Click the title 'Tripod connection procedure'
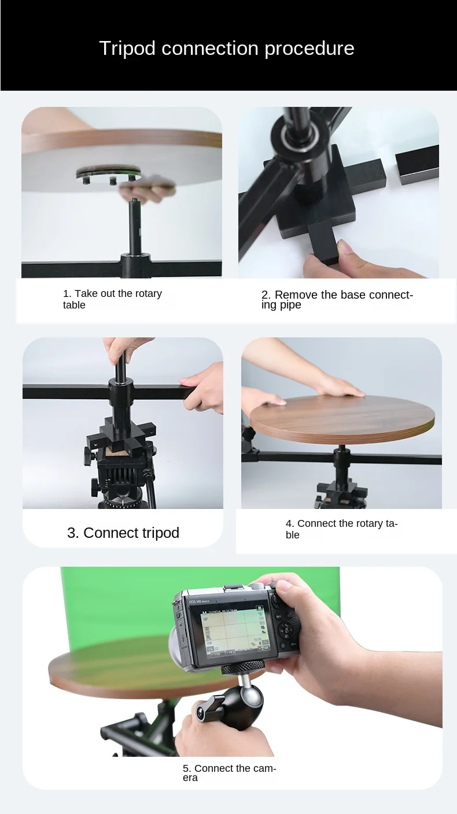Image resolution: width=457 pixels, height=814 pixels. pyautogui.click(x=226, y=48)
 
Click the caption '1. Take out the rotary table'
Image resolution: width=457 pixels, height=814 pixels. pyautogui.click(x=112, y=299)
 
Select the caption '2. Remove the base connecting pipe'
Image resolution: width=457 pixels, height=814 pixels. pyautogui.click(x=337, y=299)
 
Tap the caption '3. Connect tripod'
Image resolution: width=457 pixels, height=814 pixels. pyautogui.click(x=123, y=533)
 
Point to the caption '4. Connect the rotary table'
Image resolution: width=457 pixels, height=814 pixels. pyautogui.click(x=341, y=529)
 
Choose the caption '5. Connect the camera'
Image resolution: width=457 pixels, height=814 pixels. pyautogui.click(x=229, y=772)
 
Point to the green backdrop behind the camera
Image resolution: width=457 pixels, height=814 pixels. pyautogui.click(x=116, y=601)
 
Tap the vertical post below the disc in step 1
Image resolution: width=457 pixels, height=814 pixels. pyautogui.click(x=134, y=228)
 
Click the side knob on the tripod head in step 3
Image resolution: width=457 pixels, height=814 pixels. pyautogui.click(x=90, y=456)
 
